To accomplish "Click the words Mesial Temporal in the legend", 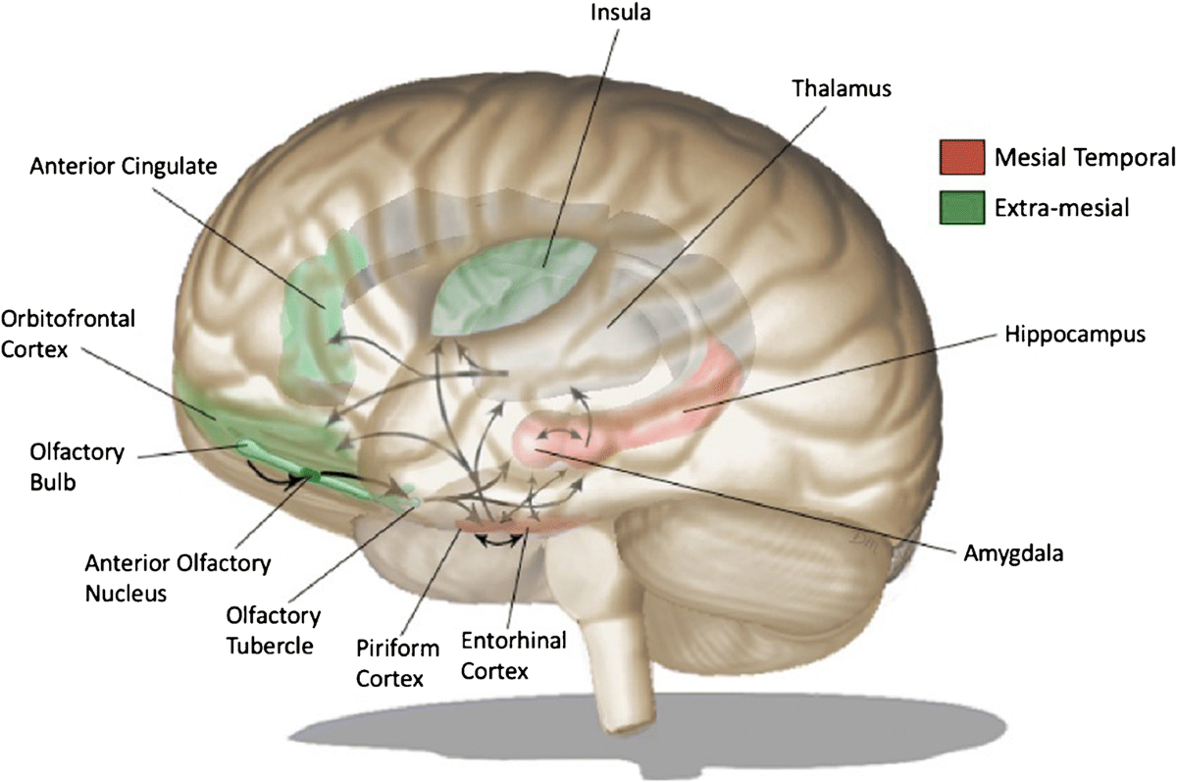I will [x=1068, y=156].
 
